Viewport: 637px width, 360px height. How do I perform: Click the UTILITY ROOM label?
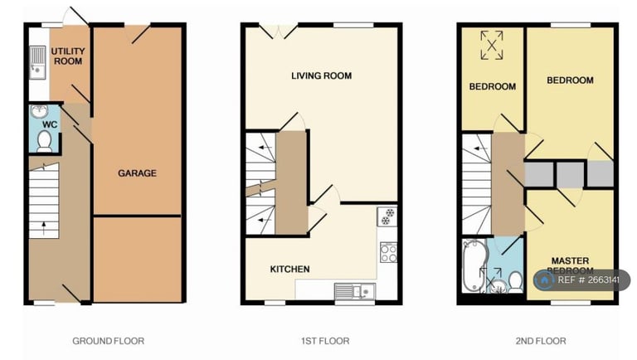click(68, 56)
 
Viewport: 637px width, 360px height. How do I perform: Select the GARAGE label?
click(137, 173)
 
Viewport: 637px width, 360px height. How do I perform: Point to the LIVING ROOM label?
click(321, 76)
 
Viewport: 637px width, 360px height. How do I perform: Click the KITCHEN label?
click(289, 270)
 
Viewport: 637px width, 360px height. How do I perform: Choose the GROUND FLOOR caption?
click(108, 341)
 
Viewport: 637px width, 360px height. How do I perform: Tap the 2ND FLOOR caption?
click(539, 341)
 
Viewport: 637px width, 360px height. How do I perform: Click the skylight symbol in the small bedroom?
click(492, 45)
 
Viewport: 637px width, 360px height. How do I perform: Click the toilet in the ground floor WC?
click(44, 144)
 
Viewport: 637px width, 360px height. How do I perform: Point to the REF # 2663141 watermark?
click(581, 280)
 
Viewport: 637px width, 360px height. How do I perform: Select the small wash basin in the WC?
click(38, 111)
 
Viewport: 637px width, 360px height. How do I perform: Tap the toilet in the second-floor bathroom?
click(514, 280)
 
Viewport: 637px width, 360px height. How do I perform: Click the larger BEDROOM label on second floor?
click(570, 80)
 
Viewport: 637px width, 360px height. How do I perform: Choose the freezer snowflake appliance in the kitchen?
click(387, 217)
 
